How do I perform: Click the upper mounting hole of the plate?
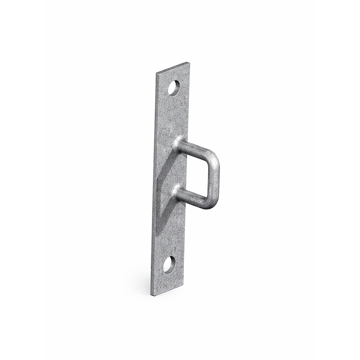point(174,88)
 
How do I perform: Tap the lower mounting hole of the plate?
point(169,265)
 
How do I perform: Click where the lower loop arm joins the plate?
point(177,191)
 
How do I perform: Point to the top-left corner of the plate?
point(157,73)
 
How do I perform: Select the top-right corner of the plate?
point(189,63)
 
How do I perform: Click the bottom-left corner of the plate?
point(151,295)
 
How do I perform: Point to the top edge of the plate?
point(173,68)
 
